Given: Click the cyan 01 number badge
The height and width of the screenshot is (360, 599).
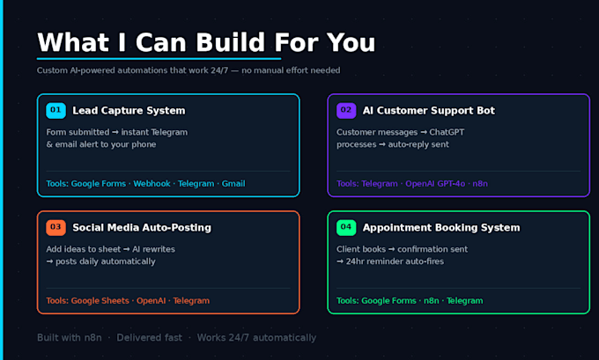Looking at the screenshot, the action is pos(55,110).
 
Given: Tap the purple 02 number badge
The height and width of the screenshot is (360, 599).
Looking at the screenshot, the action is pos(346,110).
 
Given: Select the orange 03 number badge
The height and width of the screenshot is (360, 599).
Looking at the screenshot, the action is pos(55,227).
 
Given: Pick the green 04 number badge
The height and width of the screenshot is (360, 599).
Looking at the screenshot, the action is pos(346,227).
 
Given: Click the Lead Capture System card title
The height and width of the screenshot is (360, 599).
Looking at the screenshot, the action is pos(129,111).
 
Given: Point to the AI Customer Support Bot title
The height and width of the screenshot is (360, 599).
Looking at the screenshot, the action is pos(429,111).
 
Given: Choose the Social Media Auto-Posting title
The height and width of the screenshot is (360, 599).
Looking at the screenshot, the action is pos(142,227).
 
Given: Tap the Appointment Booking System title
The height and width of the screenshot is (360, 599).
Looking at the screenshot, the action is pos(441,228).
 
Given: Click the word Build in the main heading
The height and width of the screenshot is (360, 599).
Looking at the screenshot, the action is pos(231,42).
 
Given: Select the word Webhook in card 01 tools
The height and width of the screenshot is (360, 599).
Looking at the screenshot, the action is pos(152,184).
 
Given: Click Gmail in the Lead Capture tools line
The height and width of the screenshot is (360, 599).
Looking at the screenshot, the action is pos(233,184).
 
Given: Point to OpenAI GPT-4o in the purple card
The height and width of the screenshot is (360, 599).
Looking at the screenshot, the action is pos(435,184).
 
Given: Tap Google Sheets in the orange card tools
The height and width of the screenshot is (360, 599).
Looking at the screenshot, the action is pos(100,301).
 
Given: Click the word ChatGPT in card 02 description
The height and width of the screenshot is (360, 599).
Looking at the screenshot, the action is pos(447,132).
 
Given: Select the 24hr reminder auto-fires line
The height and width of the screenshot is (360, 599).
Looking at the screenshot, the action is pos(390,261).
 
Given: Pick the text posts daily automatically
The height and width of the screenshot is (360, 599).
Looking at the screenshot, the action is pos(100,261).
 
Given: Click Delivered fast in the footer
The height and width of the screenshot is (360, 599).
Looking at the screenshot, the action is pos(150,338).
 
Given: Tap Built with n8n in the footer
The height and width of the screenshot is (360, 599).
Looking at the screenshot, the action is pos(70,338).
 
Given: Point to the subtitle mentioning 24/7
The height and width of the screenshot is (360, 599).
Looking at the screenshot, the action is pos(189,70).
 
